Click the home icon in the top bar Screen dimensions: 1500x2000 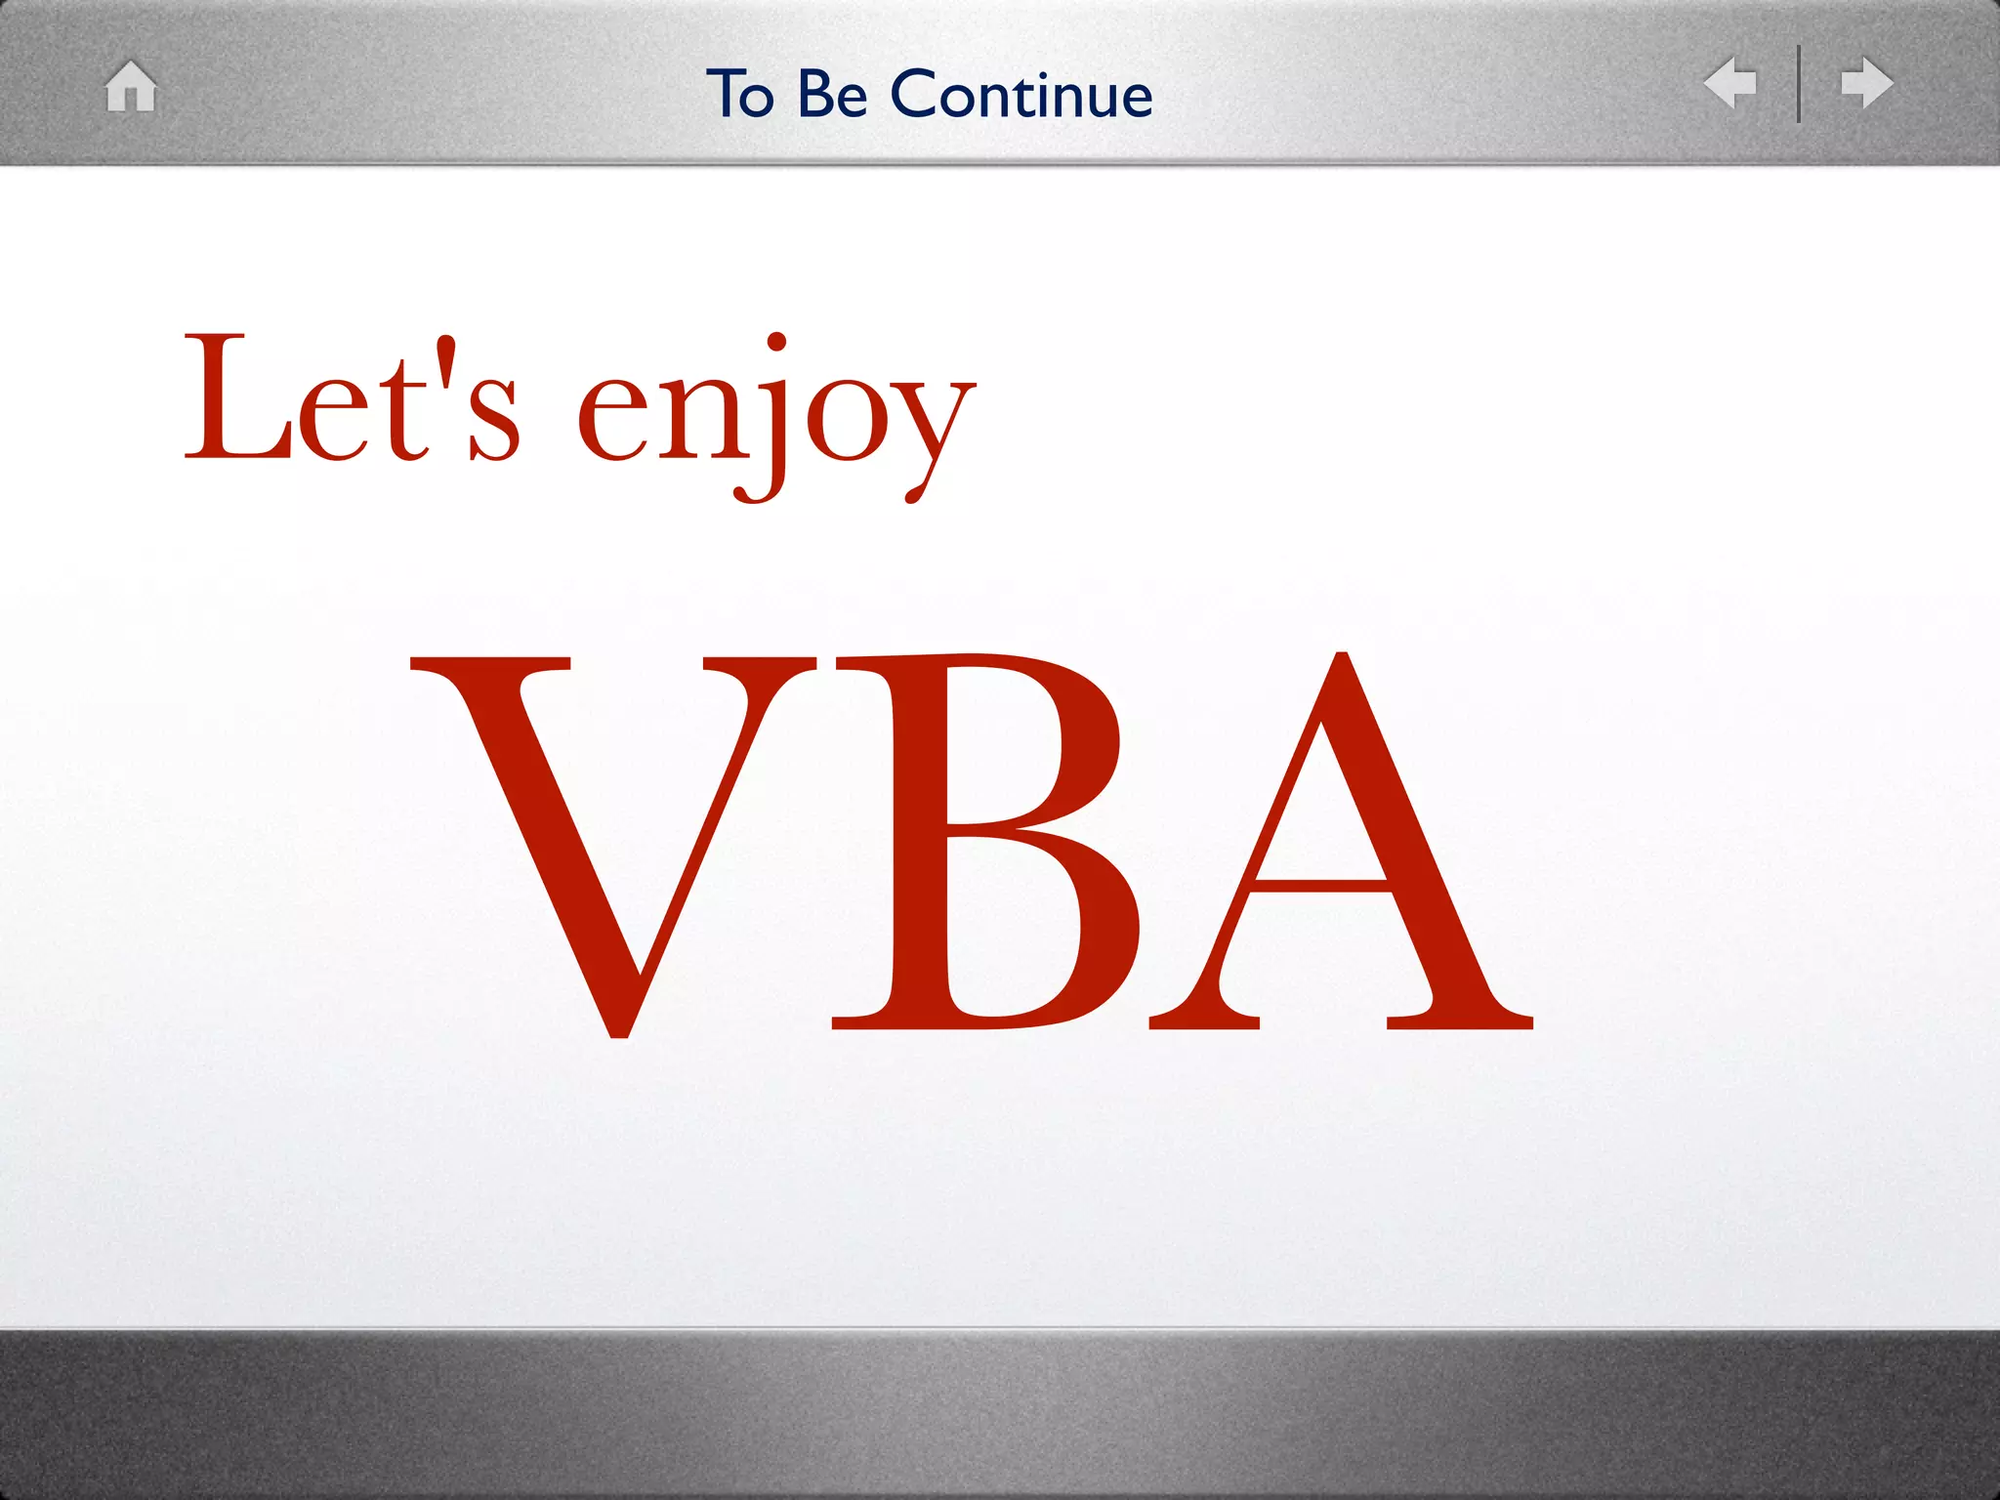[x=131, y=86]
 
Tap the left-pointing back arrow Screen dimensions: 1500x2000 [x=1729, y=83]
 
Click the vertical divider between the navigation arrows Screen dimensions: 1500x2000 [x=1798, y=84]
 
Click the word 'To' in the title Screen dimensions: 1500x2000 [x=740, y=95]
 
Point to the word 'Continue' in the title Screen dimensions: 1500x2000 [x=1021, y=95]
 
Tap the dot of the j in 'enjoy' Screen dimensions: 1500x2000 [x=776, y=341]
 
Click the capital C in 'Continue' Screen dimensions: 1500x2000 [x=916, y=95]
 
